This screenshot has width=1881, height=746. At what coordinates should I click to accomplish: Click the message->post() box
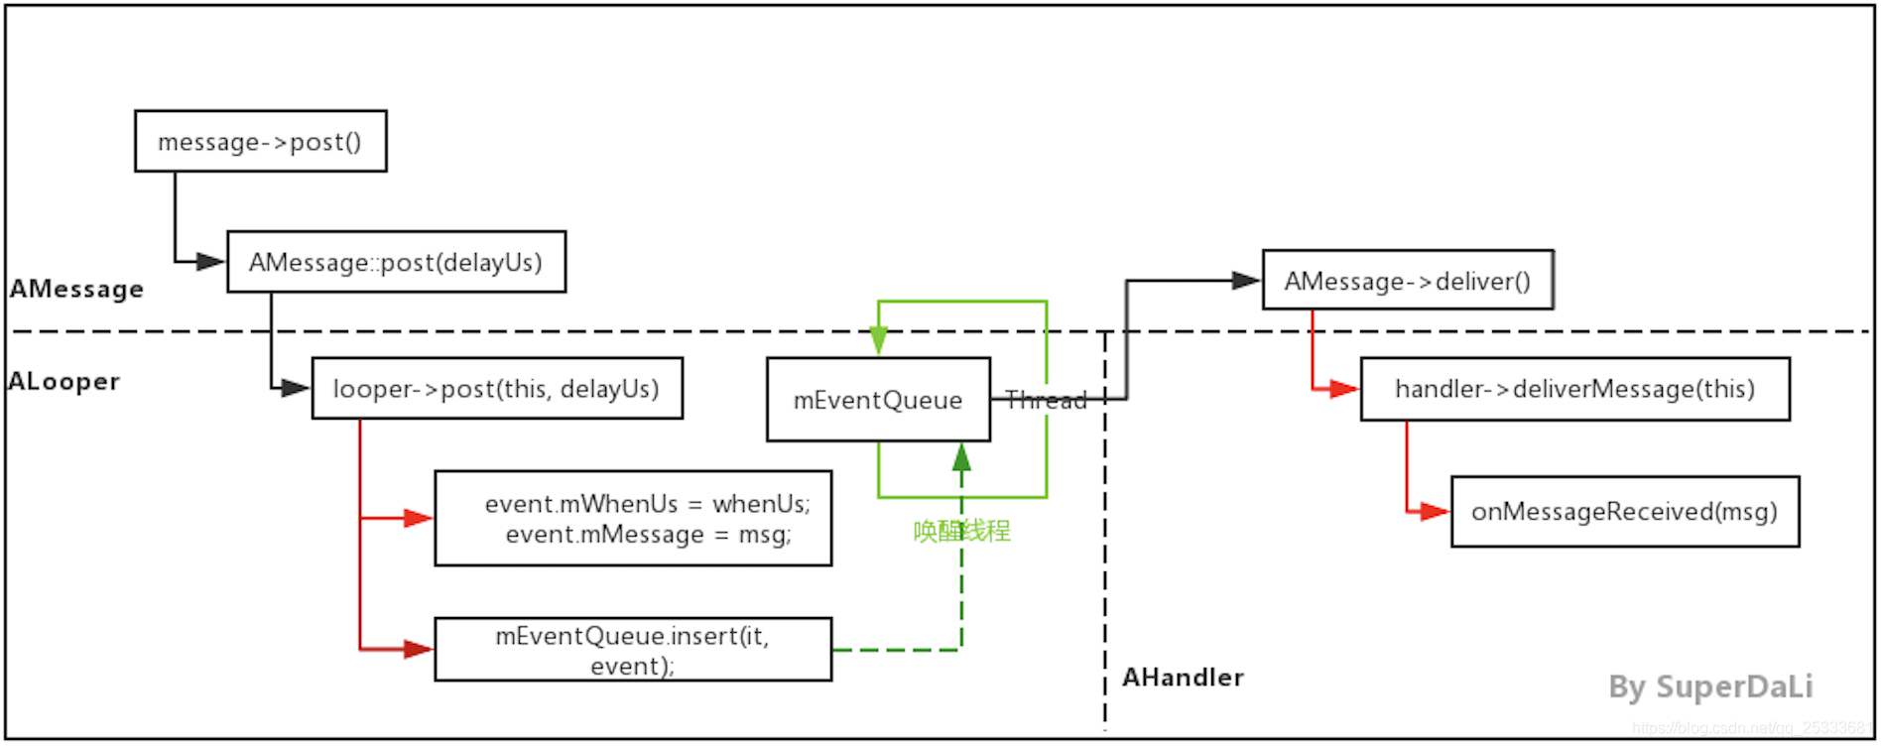coord(260,141)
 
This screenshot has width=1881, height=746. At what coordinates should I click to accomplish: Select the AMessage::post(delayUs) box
coord(396,262)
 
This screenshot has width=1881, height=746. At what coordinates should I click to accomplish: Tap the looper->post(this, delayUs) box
coord(496,388)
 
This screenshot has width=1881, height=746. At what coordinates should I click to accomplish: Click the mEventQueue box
coord(877,400)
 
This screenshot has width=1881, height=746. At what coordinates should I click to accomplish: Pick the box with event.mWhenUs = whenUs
coord(632,518)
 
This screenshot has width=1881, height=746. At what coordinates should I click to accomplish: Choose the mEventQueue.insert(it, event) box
coord(632,650)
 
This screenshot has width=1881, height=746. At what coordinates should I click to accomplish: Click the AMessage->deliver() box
coord(1407,280)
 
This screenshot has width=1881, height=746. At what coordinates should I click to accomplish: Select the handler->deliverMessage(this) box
coord(1574,389)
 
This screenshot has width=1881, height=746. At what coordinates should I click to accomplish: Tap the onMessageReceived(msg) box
coord(1624,511)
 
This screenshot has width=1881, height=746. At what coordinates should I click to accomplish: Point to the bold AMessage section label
coord(76,289)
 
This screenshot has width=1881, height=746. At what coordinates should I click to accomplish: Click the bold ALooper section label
coord(63,381)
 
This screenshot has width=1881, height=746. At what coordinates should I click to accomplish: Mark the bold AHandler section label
coord(1183,678)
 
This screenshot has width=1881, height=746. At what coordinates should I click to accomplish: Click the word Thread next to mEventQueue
coord(1046,400)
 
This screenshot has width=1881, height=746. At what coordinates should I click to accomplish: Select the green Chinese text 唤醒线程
coord(961,531)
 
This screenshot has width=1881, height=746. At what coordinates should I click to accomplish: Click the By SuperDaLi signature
coord(1710,686)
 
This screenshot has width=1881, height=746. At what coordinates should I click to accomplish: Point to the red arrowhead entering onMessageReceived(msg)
coord(1435,512)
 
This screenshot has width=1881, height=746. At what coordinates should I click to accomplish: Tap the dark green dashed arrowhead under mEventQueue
coord(961,457)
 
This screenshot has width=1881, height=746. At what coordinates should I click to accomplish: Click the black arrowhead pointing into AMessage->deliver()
coord(1245,281)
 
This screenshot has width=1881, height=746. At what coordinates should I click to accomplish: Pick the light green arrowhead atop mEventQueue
coord(878,341)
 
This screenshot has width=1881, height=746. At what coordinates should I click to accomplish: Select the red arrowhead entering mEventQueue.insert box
coord(419,650)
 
